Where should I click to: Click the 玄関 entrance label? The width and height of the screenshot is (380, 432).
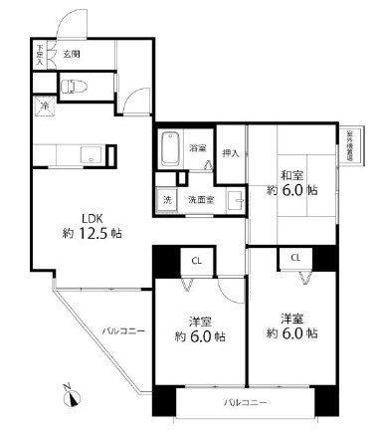click(72, 54)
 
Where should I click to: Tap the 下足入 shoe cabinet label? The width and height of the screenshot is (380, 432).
click(40, 55)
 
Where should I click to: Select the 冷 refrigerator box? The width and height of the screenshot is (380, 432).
click(44, 106)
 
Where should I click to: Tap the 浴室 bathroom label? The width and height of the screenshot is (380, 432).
click(198, 148)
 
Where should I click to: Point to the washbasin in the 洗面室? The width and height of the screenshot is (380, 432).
click(236, 200)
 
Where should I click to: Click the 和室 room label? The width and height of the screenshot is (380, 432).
click(292, 169)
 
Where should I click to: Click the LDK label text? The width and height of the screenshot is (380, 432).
click(91, 220)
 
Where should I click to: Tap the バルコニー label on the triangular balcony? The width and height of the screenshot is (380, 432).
click(121, 328)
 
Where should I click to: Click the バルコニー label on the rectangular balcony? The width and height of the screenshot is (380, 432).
click(245, 402)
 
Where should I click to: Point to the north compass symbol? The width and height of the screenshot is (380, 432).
click(72, 397)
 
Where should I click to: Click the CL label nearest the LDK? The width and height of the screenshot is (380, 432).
click(198, 262)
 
